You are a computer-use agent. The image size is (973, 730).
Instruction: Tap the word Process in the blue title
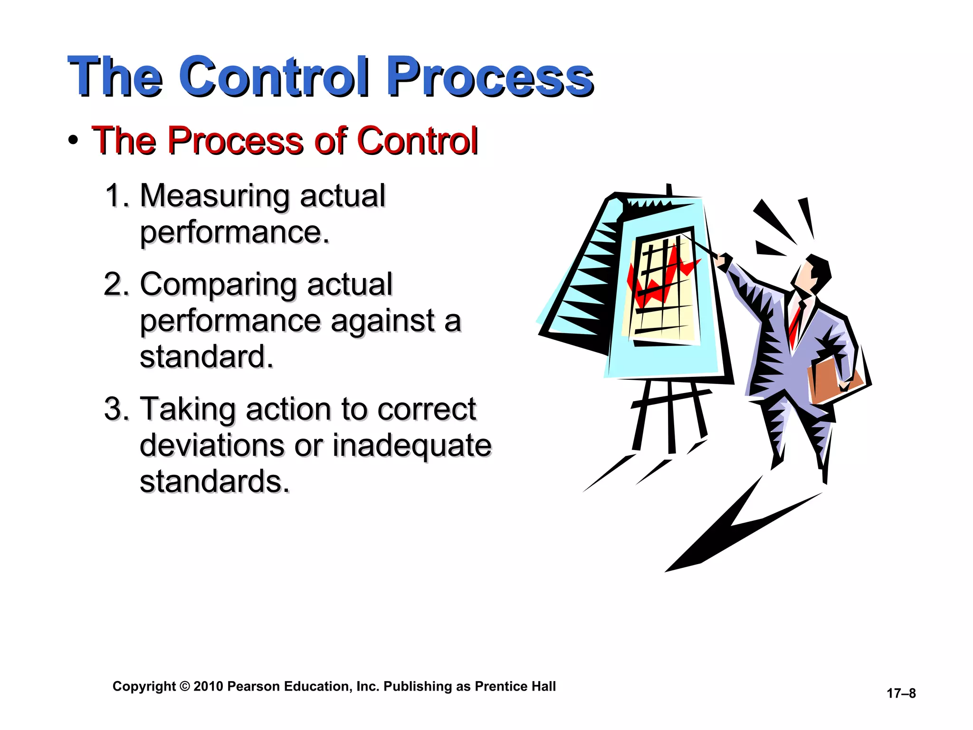coord(489,76)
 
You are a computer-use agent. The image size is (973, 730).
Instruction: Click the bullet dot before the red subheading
coord(73,141)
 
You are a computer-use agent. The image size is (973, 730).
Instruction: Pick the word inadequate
coord(411,445)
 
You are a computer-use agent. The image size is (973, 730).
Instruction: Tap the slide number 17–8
coord(901,693)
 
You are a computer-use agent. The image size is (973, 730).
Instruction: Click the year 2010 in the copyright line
coord(208,686)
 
